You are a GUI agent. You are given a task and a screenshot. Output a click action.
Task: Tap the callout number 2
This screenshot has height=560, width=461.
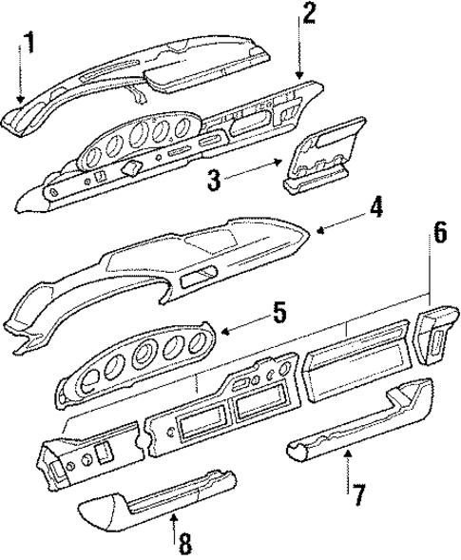pyautogui.click(x=308, y=12)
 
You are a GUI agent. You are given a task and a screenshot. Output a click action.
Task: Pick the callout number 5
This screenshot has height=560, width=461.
pyautogui.click(x=279, y=311)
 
